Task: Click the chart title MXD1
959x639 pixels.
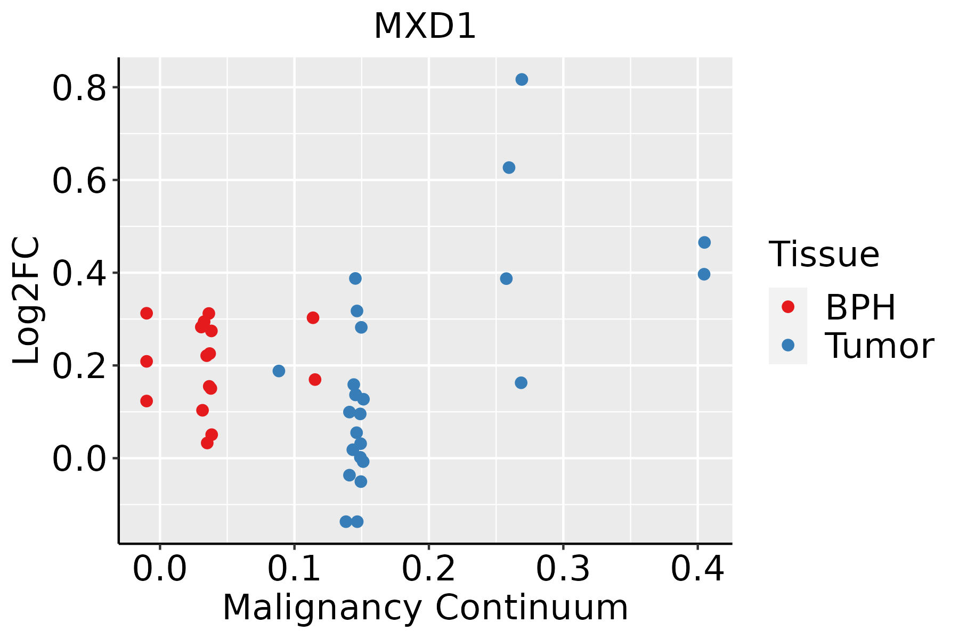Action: click(x=425, y=27)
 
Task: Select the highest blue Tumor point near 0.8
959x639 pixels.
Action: click(x=522, y=79)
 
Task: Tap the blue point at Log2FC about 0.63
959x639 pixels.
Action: click(x=509, y=168)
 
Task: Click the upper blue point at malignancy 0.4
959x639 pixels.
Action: click(x=704, y=242)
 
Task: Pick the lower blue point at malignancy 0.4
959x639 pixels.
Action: click(x=704, y=274)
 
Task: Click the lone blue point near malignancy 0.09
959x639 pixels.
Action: click(x=279, y=371)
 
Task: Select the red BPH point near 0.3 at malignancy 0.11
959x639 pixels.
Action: click(x=313, y=318)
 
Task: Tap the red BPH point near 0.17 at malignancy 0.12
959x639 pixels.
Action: click(x=315, y=380)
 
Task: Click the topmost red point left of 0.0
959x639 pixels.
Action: click(x=147, y=313)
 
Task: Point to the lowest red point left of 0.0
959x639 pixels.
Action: click(x=147, y=401)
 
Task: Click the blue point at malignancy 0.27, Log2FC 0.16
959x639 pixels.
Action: click(x=521, y=383)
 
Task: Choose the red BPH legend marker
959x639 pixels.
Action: click(x=787, y=307)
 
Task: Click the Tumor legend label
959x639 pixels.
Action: click(x=879, y=346)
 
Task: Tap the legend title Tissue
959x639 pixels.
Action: click(x=824, y=255)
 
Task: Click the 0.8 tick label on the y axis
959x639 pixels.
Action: click(x=79, y=88)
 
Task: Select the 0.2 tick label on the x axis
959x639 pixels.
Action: click(x=428, y=569)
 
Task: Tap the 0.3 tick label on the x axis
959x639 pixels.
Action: click(x=563, y=569)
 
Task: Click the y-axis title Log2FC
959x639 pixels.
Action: click(x=27, y=301)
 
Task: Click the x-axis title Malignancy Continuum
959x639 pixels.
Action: click(x=425, y=608)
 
